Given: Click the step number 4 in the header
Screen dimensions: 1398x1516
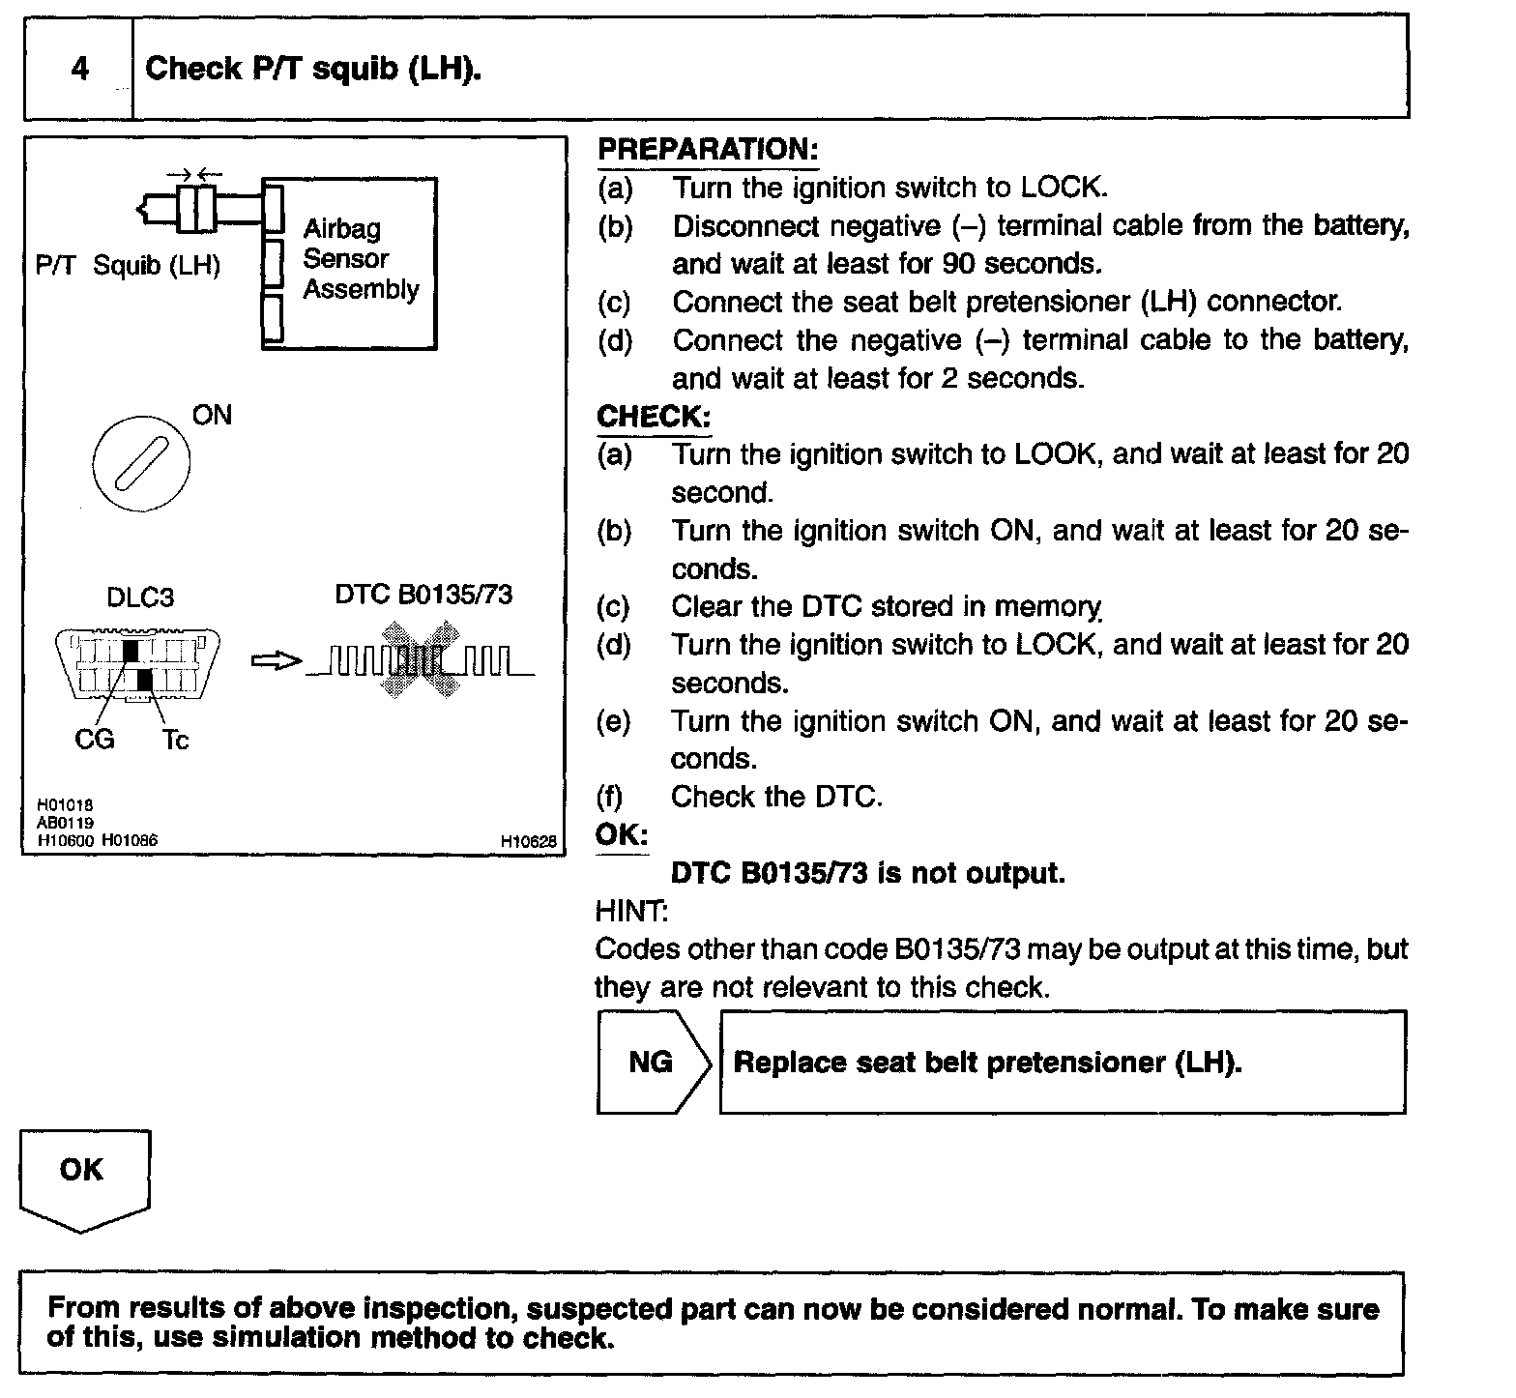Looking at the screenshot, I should click(79, 69).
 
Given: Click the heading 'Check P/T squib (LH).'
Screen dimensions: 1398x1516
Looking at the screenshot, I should click(312, 69).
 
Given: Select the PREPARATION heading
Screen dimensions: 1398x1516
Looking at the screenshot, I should click(708, 150).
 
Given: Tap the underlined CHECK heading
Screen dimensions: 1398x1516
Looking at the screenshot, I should click(654, 417).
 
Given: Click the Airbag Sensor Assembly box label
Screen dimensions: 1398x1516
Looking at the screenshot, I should click(360, 259).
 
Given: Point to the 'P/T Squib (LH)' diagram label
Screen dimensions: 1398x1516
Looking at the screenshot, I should click(128, 265).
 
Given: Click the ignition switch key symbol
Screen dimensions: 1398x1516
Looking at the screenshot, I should click(141, 461).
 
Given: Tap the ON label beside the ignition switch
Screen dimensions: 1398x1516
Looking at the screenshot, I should click(212, 415).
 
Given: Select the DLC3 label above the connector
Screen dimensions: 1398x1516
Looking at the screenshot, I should click(140, 597).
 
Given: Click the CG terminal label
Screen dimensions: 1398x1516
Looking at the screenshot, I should click(94, 740).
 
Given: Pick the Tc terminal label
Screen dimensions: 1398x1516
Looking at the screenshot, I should click(175, 741).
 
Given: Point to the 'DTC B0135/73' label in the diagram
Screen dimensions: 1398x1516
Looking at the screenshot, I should click(423, 594).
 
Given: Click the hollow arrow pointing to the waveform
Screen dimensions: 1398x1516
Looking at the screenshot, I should click(276, 661).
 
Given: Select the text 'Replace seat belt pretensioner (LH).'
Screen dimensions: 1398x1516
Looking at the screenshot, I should click(987, 1063).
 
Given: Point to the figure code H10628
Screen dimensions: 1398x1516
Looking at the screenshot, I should click(528, 842).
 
